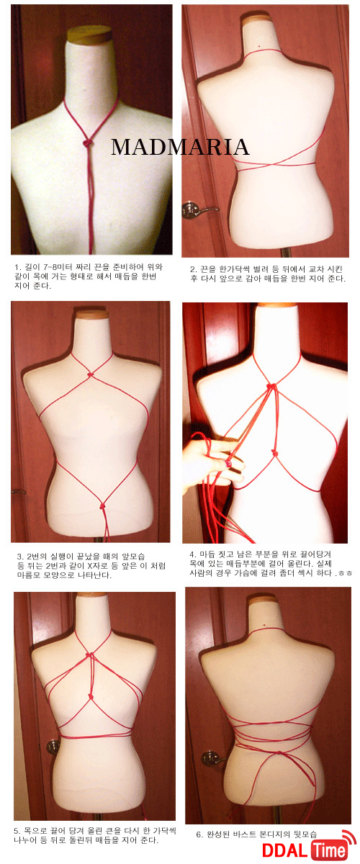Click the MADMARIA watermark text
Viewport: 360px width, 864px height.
tap(179, 147)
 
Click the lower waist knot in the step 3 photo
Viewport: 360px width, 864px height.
tap(106, 505)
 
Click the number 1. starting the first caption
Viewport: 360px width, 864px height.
tap(18, 267)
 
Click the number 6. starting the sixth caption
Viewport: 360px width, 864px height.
tap(199, 834)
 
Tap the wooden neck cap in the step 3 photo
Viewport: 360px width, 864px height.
tap(91, 314)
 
